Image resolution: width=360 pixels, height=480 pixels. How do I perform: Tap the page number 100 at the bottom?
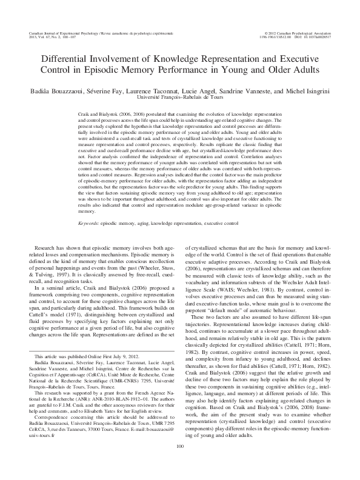179,464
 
